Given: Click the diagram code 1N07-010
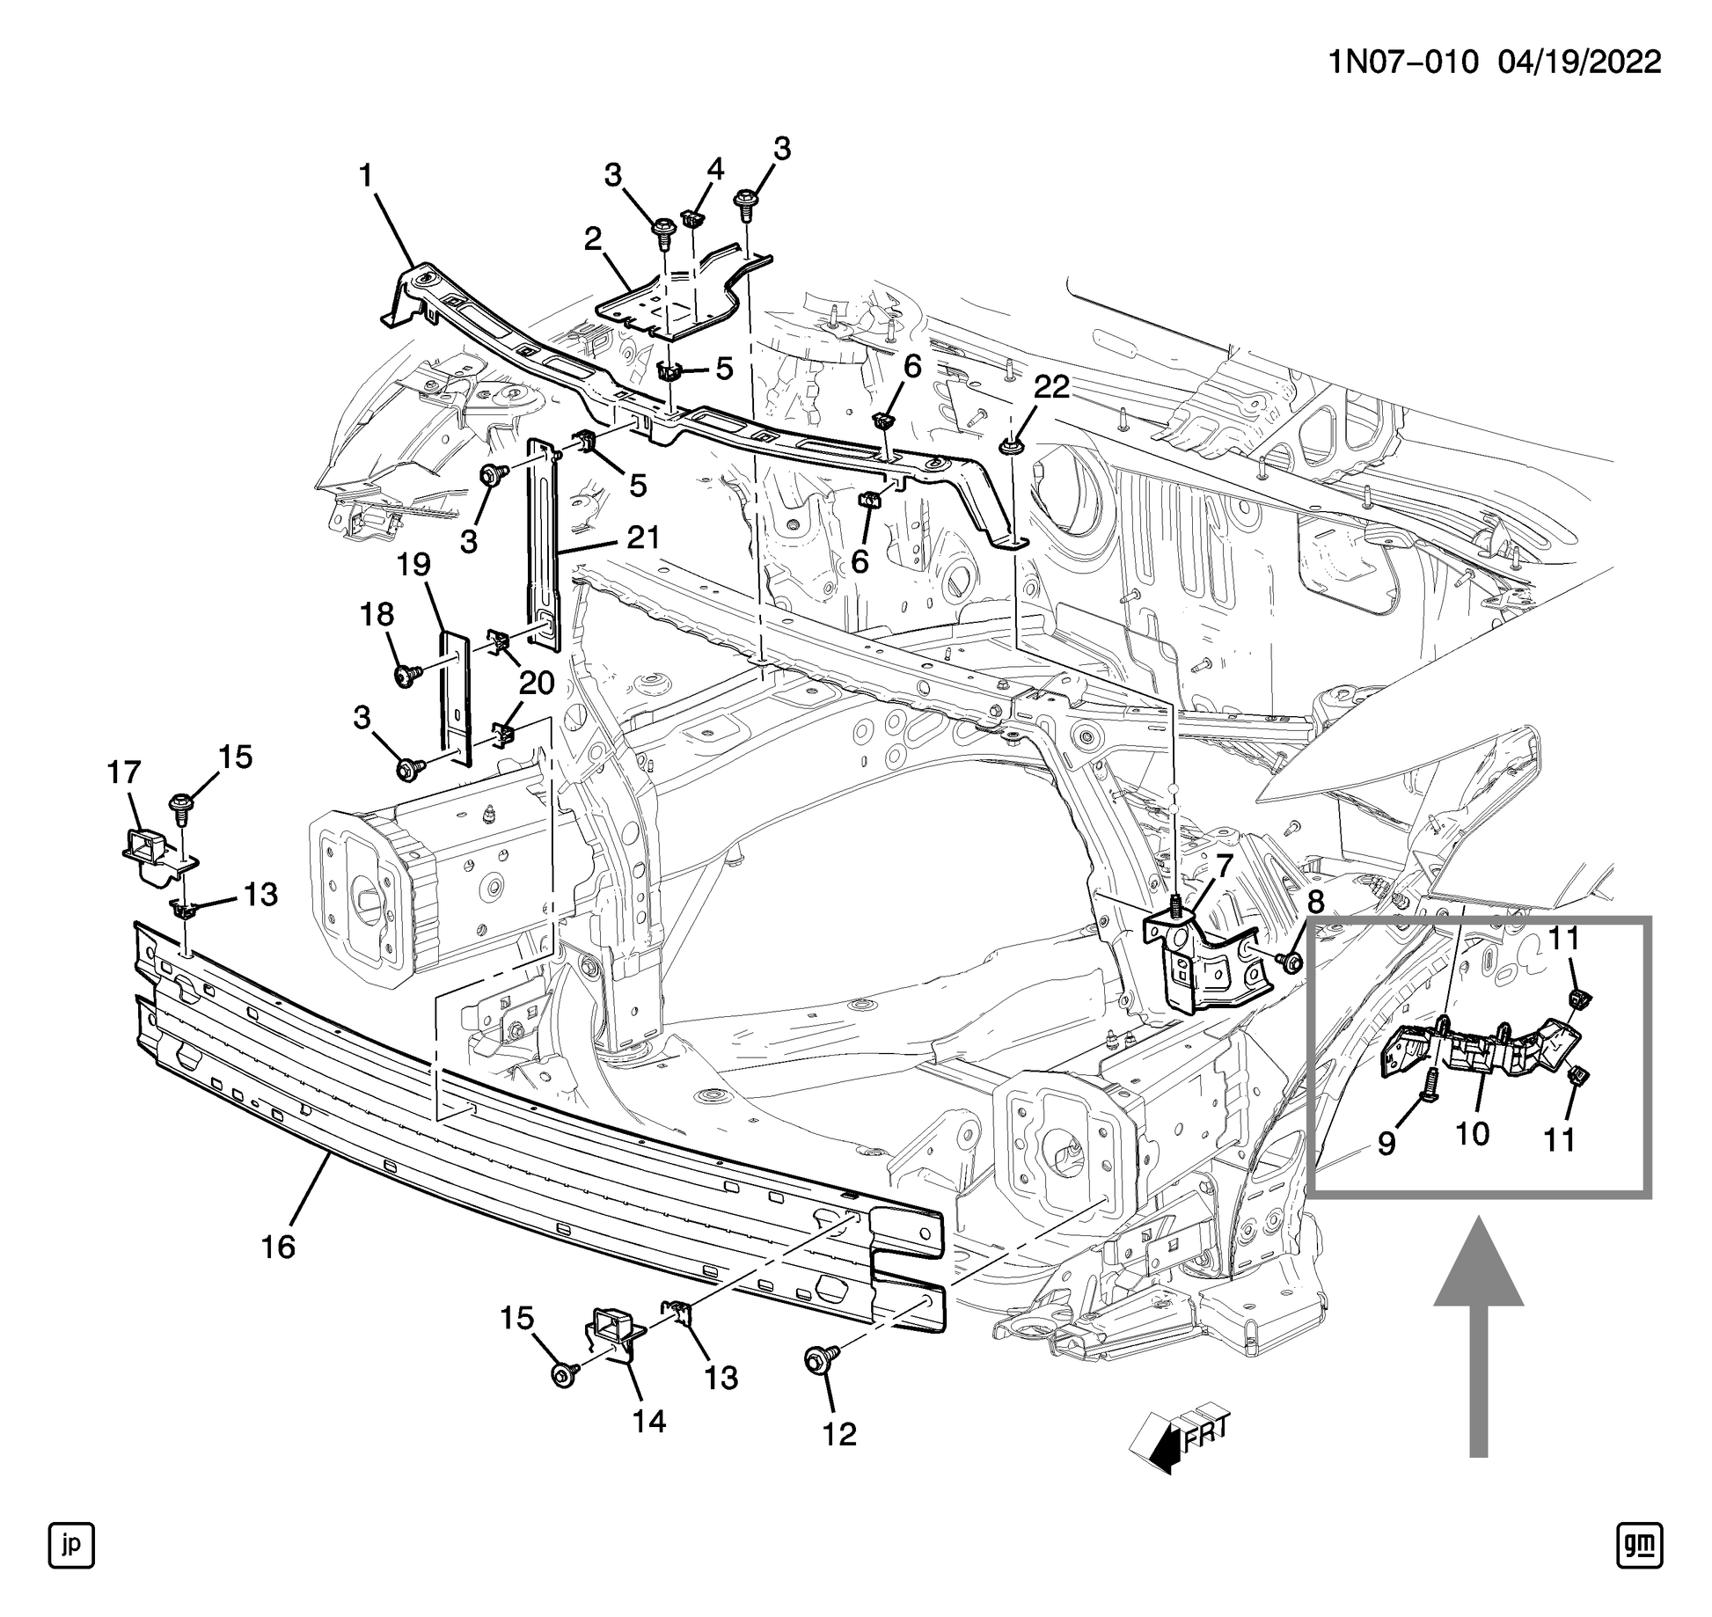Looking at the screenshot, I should pyautogui.click(x=1402, y=62).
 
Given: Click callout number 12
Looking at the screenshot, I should pyautogui.click(x=839, y=1435).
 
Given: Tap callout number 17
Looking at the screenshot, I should pyautogui.click(x=124, y=772).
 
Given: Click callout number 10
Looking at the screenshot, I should pyautogui.click(x=1473, y=1134).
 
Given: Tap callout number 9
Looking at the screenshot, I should pyautogui.click(x=1386, y=1144).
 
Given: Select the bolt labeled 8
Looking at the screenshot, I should pyautogui.click(x=1290, y=962).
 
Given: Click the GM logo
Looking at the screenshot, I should pyautogui.click(x=1639, y=1545).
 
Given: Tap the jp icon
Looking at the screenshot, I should pyautogui.click(x=71, y=1545).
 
